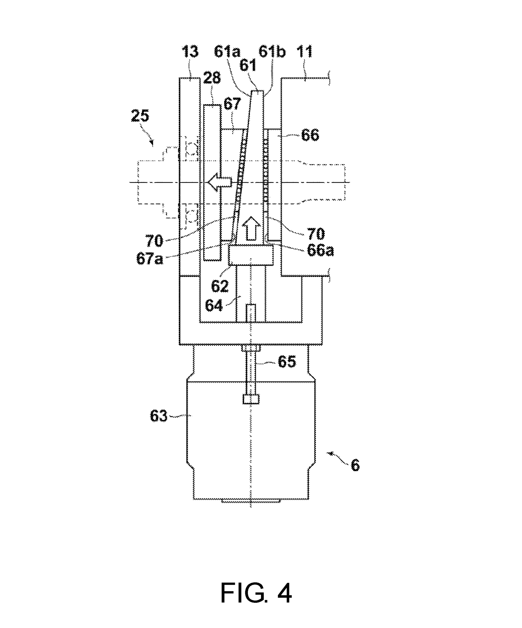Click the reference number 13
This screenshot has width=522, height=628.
190,51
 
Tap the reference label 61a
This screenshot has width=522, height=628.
227,51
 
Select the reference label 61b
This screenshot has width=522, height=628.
272,51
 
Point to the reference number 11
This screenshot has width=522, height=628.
304,51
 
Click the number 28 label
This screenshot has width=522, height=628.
212,78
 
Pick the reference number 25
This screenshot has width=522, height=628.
140,116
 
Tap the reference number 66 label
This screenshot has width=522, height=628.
310,135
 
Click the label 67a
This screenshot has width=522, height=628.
150,258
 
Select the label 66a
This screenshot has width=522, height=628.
320,250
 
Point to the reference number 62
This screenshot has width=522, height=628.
220,286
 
